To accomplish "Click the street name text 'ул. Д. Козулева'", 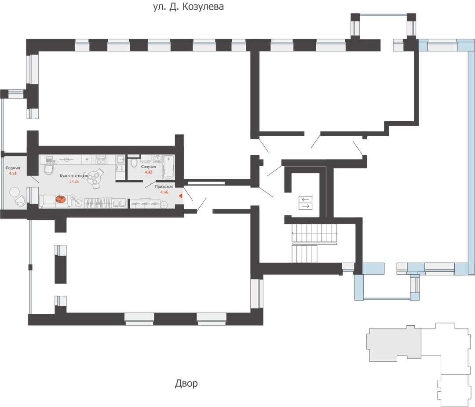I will tap(188, 7).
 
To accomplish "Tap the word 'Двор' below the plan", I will tap(186, 384).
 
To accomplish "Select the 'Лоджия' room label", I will tap(13, 168).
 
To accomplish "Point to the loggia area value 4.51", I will tap(13, 174).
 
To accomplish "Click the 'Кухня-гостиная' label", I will tap(74, 176).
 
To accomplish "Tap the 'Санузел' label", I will tap(149, 167).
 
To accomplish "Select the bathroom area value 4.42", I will tap(148, 172).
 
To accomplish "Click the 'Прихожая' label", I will tap(164, 187).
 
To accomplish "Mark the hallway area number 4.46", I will tap(164, 192).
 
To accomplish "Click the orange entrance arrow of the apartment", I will tap(180, 196).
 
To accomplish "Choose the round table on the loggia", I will tap(15, 192).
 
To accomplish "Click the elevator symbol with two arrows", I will tap(306, 202).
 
